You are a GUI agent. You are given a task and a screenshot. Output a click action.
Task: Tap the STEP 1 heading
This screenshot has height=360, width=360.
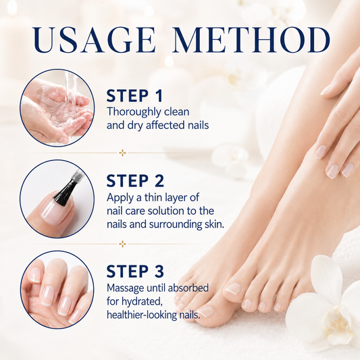[135, 96]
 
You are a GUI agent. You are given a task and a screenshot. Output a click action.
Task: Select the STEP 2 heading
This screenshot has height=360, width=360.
[135, 181]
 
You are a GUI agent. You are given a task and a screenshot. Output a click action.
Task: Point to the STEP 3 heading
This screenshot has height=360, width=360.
[135, 271]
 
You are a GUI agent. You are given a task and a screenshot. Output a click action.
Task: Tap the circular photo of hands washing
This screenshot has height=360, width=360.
[57, 108]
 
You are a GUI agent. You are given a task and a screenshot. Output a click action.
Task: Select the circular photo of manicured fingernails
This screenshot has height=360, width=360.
[57, 290]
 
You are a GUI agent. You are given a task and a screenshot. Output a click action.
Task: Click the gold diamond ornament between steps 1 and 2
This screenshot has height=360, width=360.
[122, 153]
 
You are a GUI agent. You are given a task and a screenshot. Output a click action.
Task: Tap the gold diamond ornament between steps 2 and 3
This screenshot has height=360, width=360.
[122, 244]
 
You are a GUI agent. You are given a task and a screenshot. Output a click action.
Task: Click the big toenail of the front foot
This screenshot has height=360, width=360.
[206, 311]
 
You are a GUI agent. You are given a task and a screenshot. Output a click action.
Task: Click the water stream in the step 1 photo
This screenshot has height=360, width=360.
[70, 91]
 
